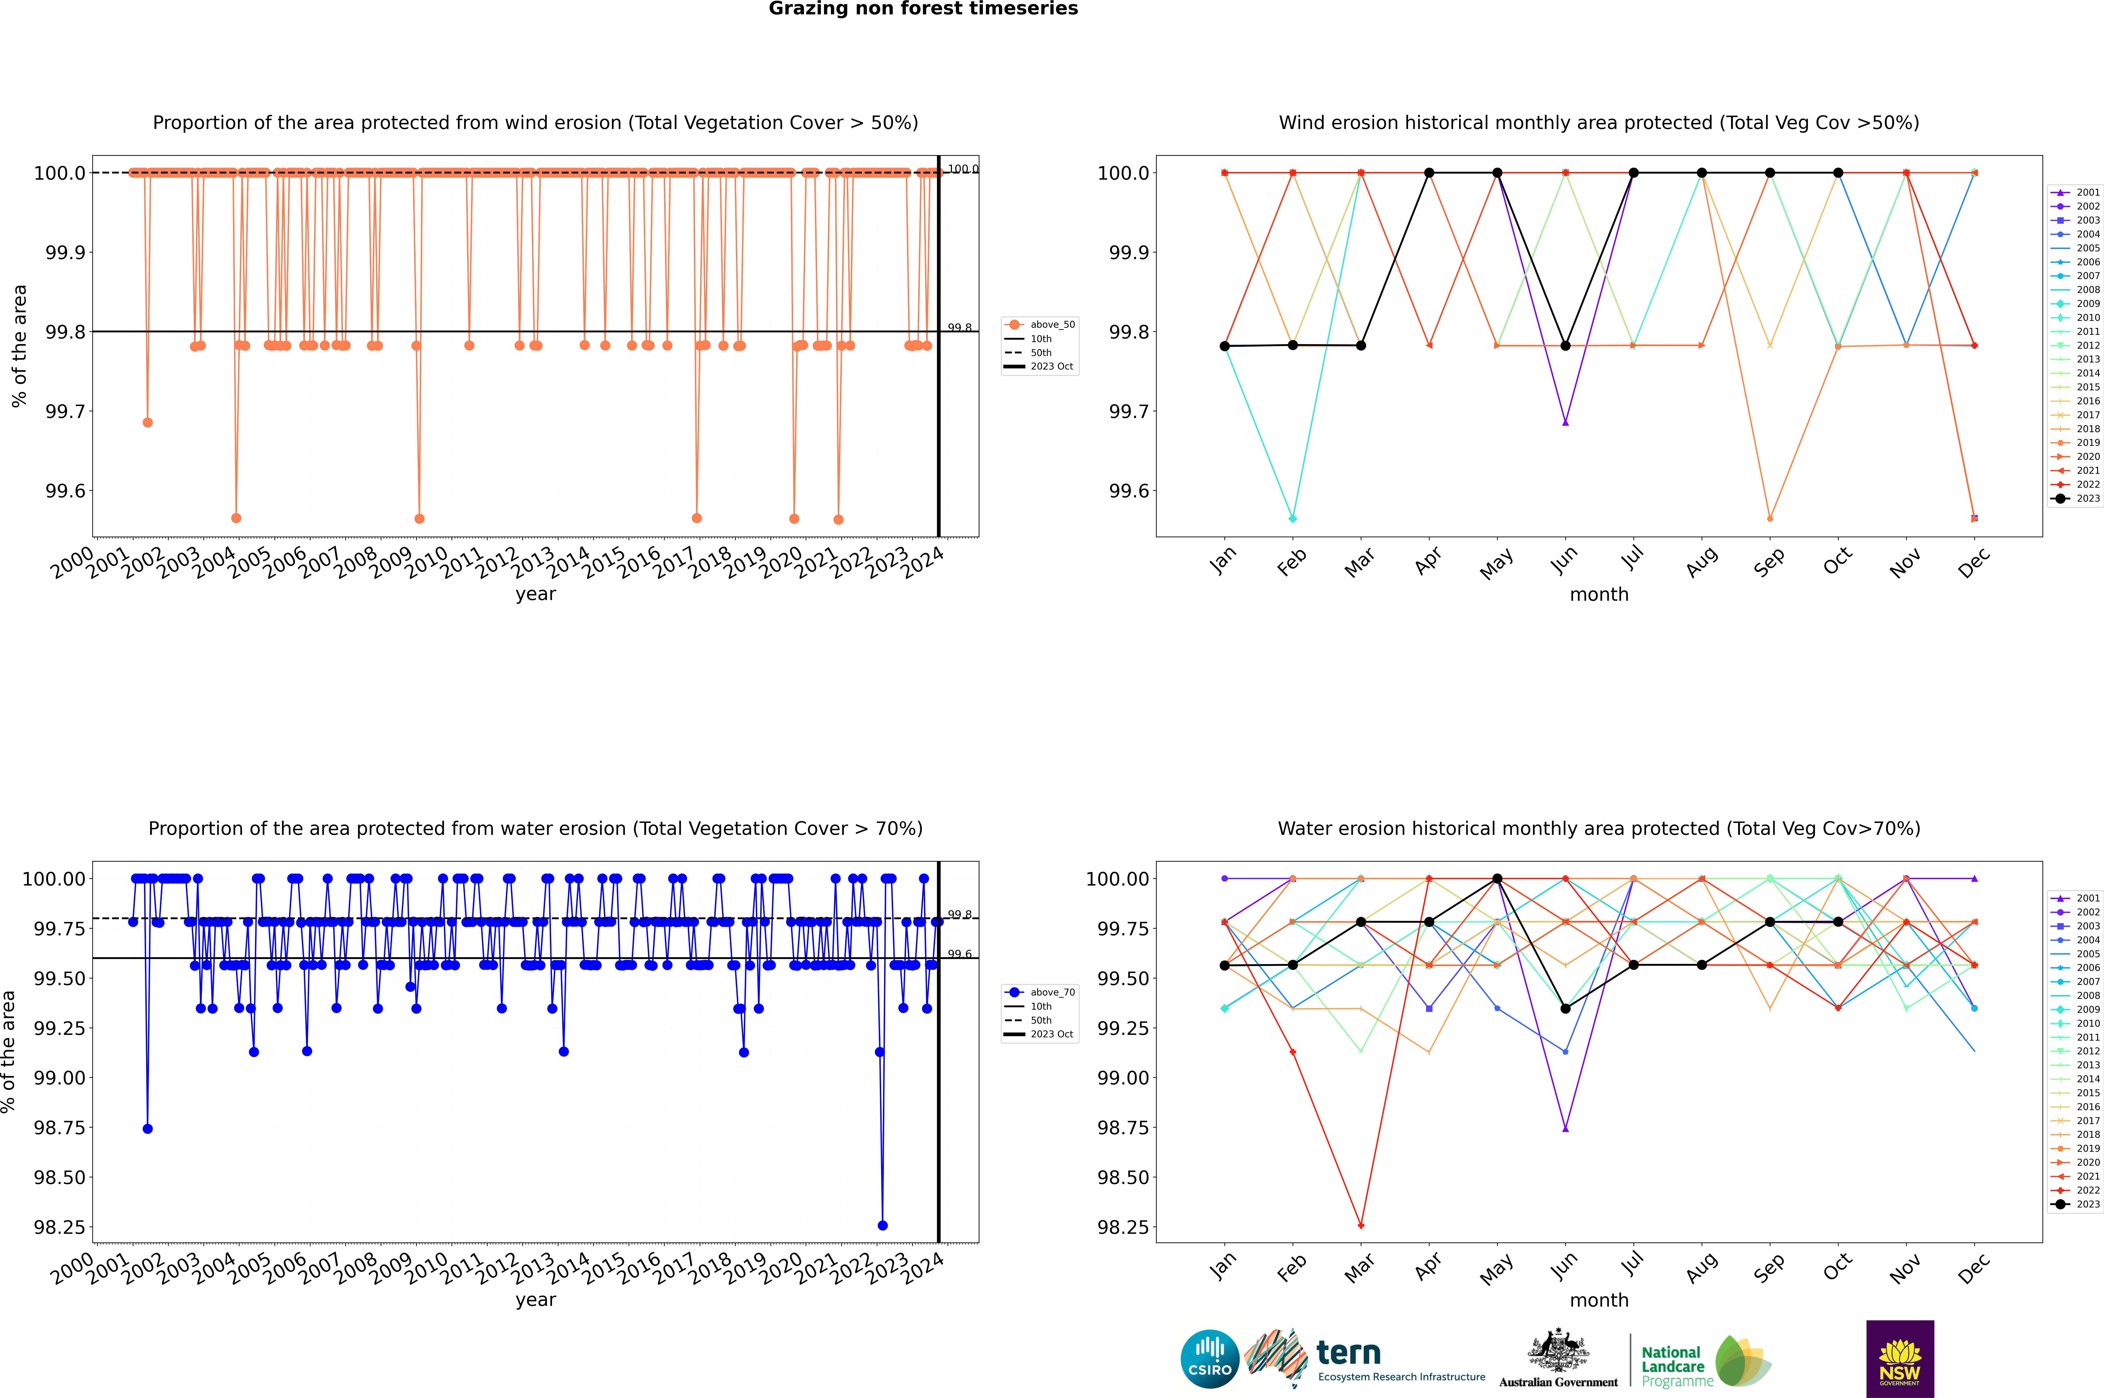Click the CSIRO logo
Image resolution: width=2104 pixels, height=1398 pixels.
click(x=1209, y=1359)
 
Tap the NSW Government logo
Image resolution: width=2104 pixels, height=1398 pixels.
click(x=1900, y=1359)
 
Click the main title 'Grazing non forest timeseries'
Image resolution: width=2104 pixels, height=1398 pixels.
click(x=923, y=9)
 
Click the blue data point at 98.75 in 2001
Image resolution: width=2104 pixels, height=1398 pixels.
click(x=148, y=1129)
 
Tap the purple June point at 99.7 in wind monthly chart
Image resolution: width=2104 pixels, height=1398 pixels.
click(x=1565, y=423)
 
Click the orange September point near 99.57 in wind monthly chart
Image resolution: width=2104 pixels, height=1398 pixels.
click(x=1770, y=518)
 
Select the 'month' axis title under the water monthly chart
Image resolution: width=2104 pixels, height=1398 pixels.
click(x=1598, y=1300)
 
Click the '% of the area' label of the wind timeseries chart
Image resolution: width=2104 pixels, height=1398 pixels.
click(x=19, y=346)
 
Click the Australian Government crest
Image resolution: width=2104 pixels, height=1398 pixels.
click(x=1558, y=1354)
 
